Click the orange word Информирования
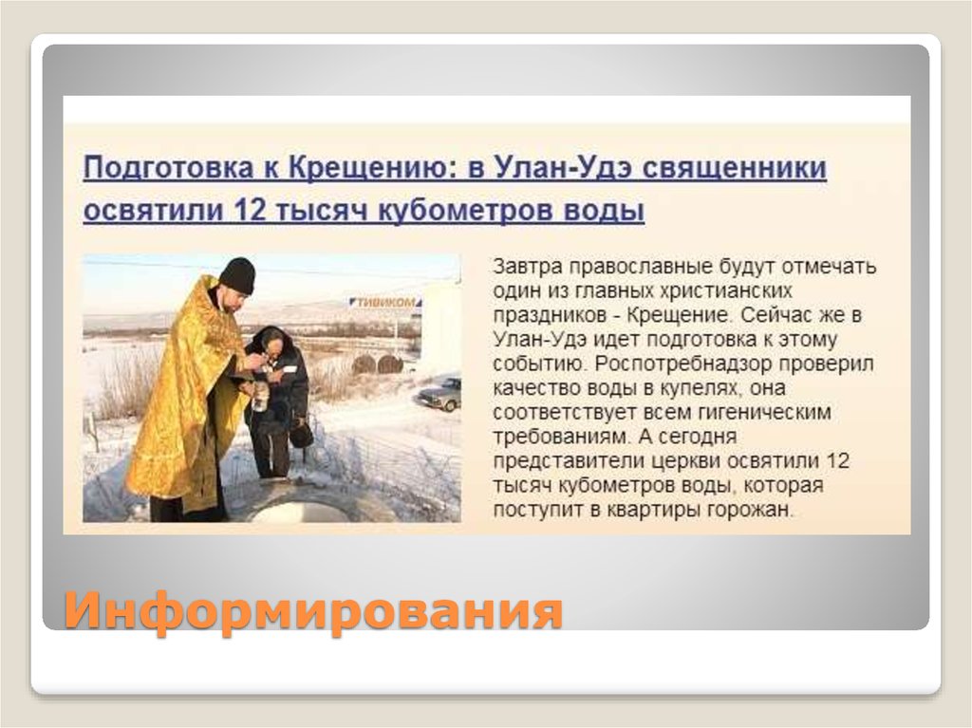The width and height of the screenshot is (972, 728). pos(313,610)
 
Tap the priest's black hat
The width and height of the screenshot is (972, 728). pos(236,274)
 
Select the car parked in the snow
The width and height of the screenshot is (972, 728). pos(439,394)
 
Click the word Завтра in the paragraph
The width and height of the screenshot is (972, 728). pos(525,266)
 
